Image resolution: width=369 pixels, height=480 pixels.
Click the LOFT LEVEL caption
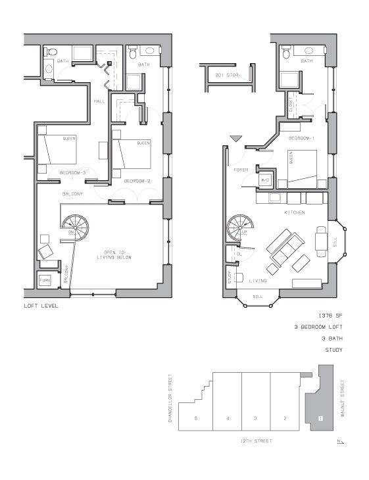click(x=40, y=306)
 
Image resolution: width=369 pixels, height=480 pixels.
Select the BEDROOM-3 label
click(x=72, y=172)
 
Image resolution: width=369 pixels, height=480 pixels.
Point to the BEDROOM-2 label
click(x=138, y=181)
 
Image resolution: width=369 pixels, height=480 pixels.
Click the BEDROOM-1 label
click(x=301, y=138)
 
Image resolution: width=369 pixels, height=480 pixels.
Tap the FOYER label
click(x=241, y=170)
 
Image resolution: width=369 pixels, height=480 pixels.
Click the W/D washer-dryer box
click(x=266, y=180)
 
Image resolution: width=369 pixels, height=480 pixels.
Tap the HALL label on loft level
click(x=99, y=101)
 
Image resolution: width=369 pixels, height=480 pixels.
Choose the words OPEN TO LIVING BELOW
click(x=118, y=254)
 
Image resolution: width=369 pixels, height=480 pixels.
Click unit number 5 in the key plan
click(x=196, y=418)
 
